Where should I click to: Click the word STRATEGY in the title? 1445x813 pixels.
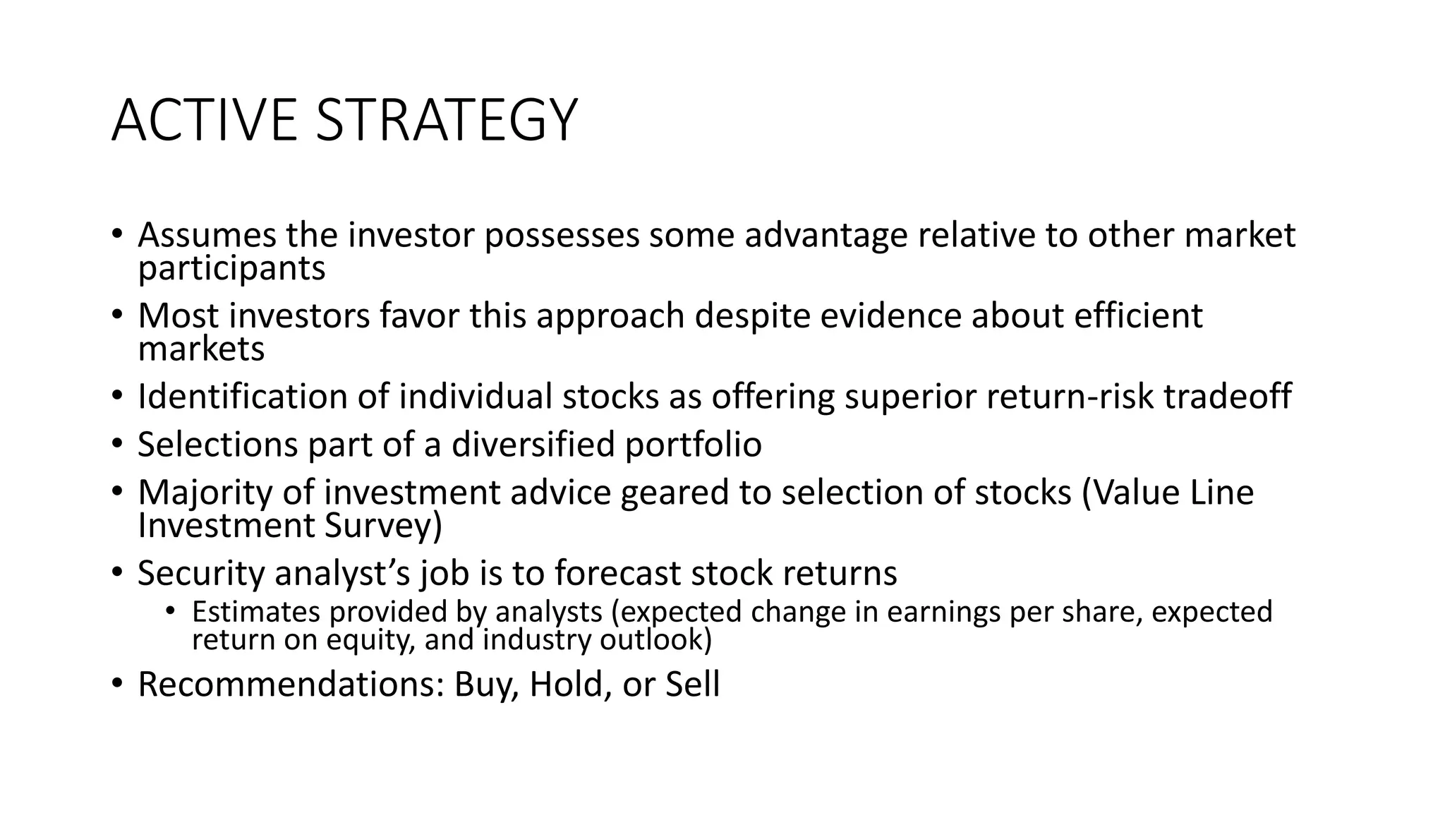446,121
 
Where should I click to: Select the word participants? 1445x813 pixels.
231,269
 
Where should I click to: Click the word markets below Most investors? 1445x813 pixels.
201,349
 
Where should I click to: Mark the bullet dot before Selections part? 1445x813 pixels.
117,445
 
